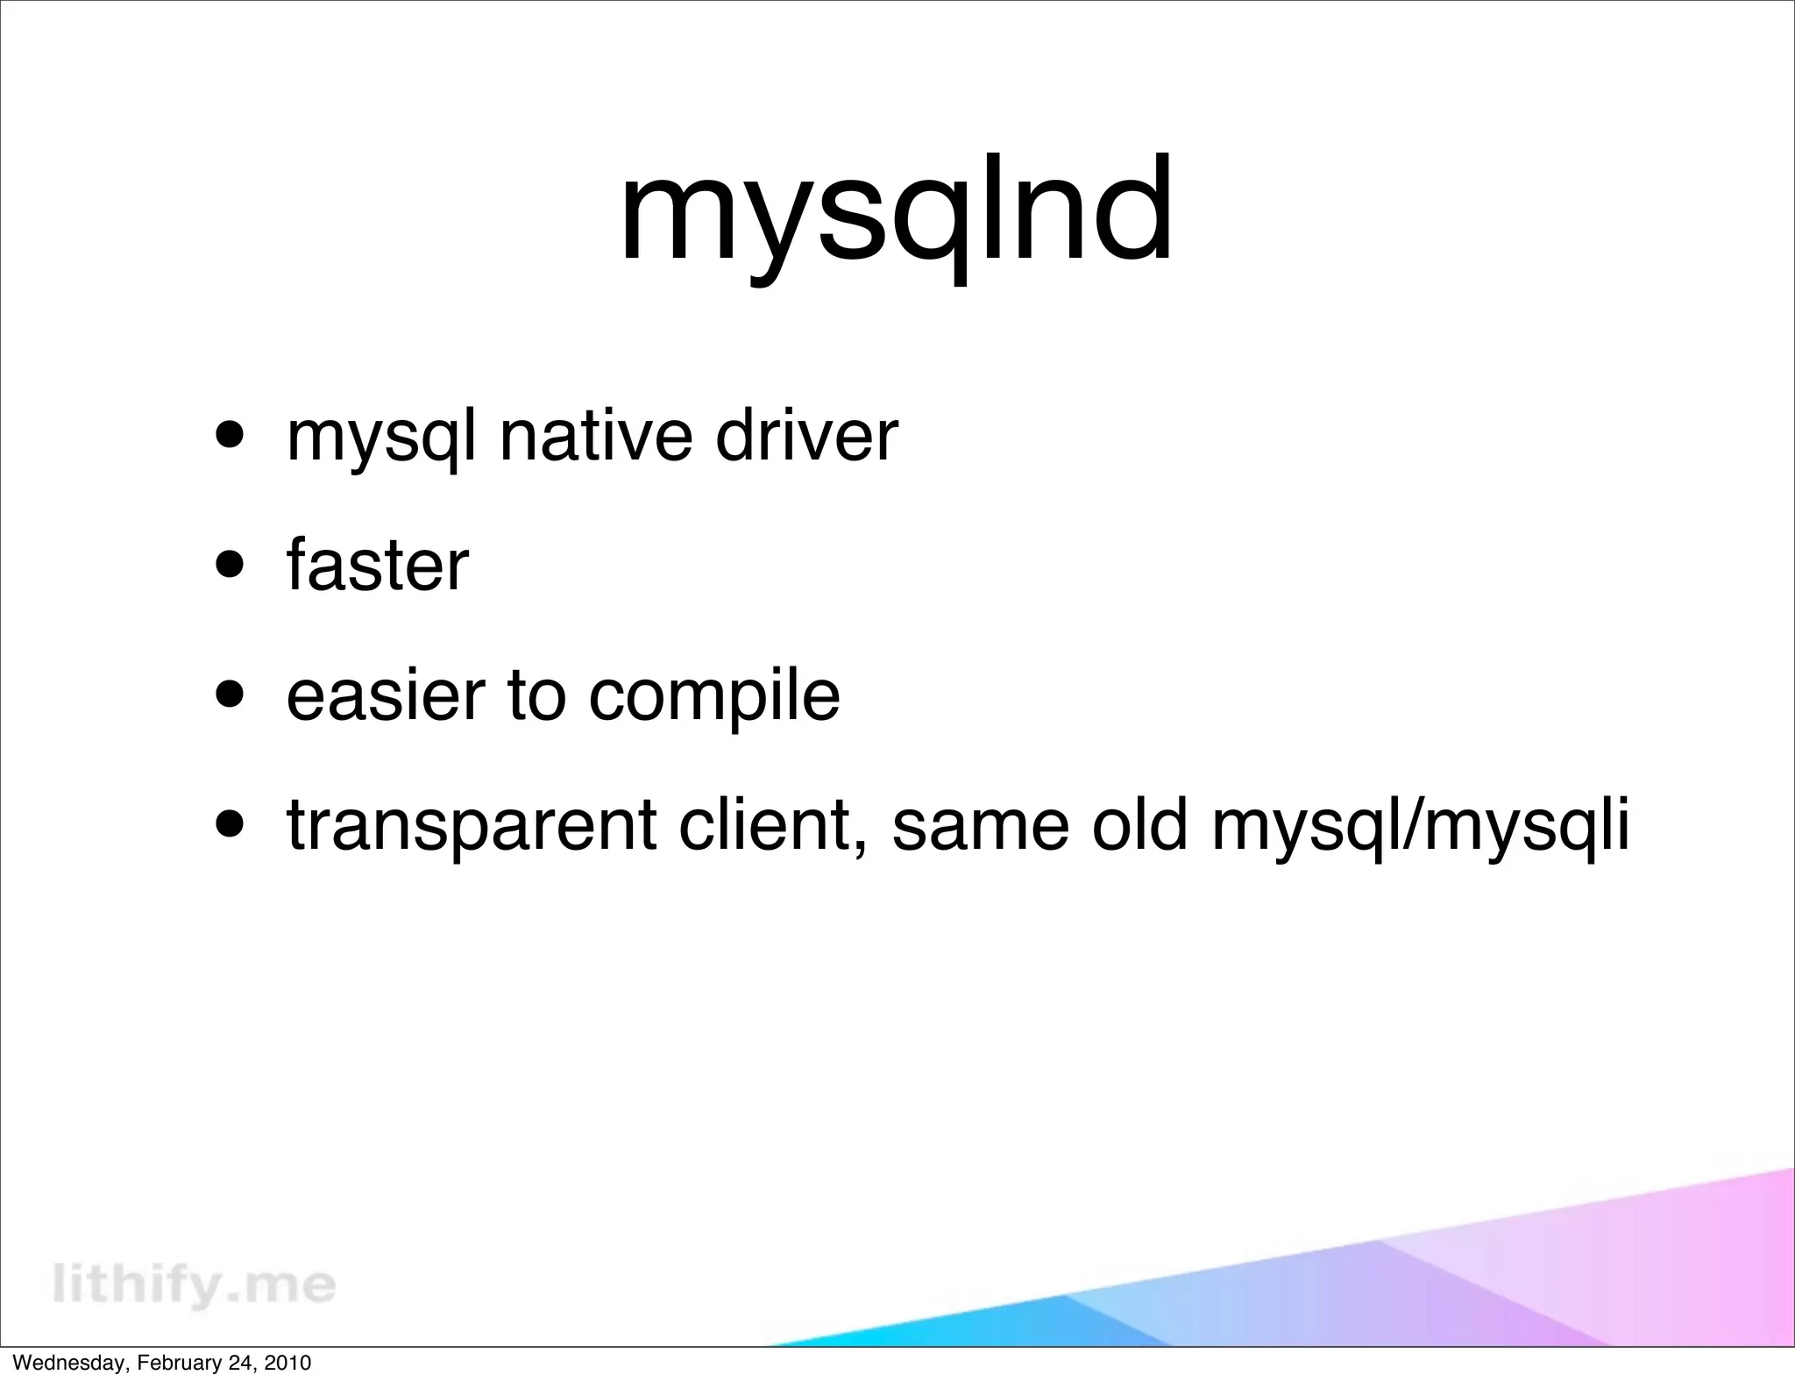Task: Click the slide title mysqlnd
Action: click(896, 210)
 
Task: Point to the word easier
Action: click(386, 695)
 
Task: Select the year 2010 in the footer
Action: click(289, 1364)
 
